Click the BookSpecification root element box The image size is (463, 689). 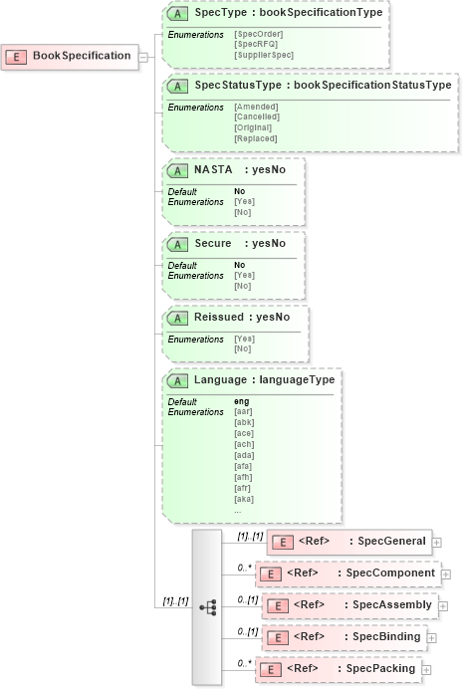(69, 56)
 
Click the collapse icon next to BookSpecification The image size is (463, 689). (143, 57)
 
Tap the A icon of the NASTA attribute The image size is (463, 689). (178, 170)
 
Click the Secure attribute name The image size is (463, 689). (213, 244)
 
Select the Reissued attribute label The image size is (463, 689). (221, 318)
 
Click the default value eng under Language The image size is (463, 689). (240, 401)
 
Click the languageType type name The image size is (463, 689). (296, 380)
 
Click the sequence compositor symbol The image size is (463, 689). (208, 606)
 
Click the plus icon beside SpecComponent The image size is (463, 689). (446, 574)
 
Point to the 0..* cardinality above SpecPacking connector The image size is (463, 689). (243, 662)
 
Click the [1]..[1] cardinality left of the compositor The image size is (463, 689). (175, 601)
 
